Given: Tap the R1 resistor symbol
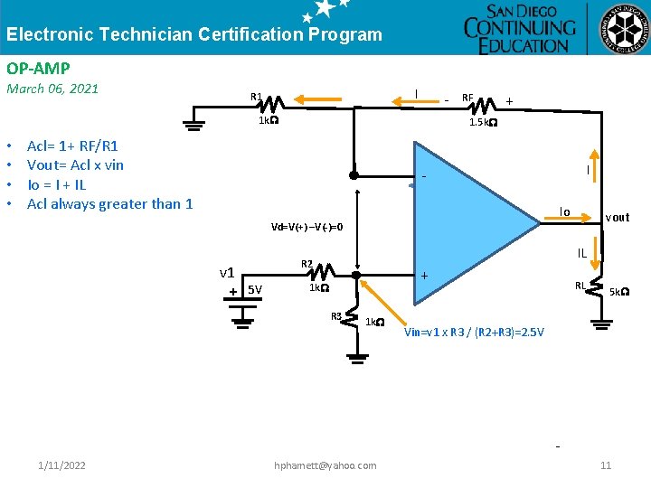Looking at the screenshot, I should click(x=272, y=102).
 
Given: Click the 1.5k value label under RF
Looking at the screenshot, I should click(x=482, y=123).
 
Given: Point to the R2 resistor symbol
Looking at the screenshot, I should click(x=325, y=271).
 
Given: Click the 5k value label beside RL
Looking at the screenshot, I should click(x=619, y=292).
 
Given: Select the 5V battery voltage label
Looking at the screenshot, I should click(x=255, y=290).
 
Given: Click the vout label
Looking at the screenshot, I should click(x=618, y=218).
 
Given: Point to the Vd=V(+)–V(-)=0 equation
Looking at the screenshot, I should click(x=307, y=227).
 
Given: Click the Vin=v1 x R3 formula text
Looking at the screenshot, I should click(x=474, y=333).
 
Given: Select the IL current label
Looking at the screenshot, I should click(x=582, y=254).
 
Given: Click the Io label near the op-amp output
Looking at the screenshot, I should click(x=564, y=211).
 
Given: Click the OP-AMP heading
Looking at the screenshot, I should click(x=38, y=68).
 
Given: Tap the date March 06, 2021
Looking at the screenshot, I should click(x=52, y=89).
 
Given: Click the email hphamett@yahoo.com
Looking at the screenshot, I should click(x=325, y=465).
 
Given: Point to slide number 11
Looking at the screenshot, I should click(x=606, y=465).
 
